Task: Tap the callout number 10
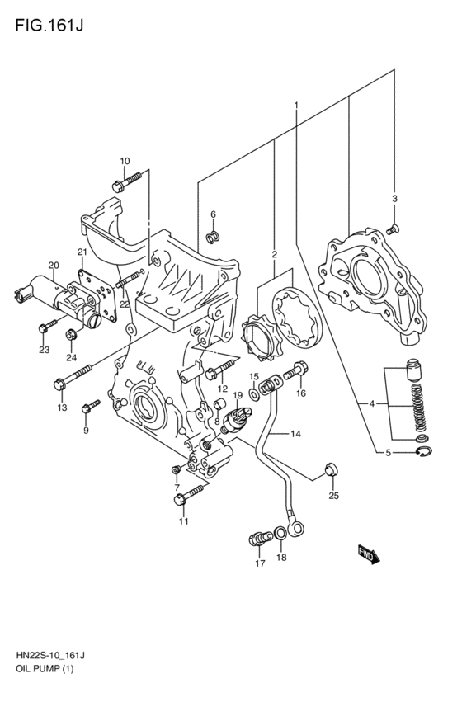(125, 161)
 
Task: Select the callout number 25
(333, 496)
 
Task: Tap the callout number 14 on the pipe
(295, 433)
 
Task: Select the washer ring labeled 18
(281, 534)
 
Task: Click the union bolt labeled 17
(257, 539)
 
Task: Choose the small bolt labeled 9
(89, 406)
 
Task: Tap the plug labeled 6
(213, 238)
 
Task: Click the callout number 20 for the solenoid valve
(54, 265)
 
